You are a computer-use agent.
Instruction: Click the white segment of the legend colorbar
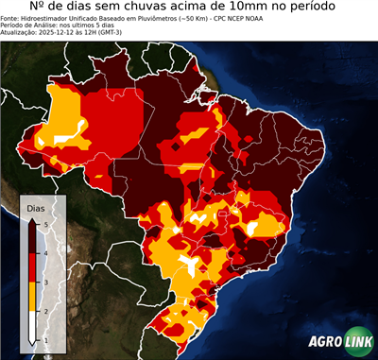point(32,326)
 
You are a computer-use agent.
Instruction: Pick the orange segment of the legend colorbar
point(32,297)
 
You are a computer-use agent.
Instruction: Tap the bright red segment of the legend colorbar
point(32,267)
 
